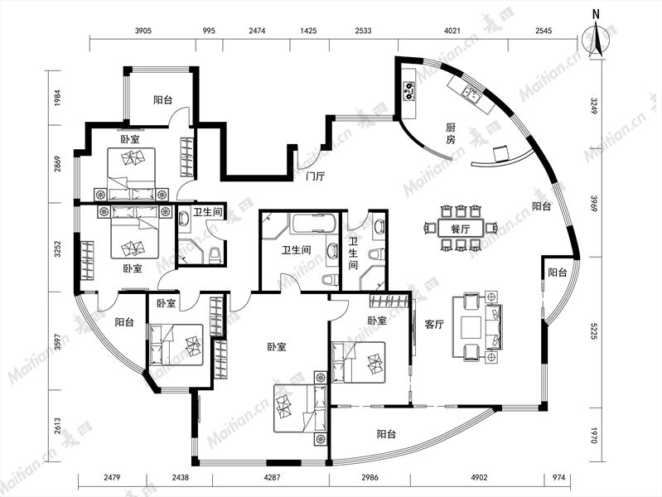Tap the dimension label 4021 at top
point(452,31)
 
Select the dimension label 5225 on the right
point(594,332)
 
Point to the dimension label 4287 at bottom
point(271,478)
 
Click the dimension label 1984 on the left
point(58,98)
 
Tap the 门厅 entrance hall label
point(316,176)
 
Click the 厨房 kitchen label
point(451,133)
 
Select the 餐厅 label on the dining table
point(460,229)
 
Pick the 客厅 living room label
point(434,325)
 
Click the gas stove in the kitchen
point(408,90)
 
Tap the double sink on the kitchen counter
point(472,94)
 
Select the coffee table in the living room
point(471,327)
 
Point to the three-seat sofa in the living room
point(494,326)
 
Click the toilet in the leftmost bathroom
point(215,256)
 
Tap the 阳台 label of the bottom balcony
point(386,434)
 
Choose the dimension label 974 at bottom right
point(558,478)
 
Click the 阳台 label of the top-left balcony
point(162,100)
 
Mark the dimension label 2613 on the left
point(58,427)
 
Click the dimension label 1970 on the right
point(594,436)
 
